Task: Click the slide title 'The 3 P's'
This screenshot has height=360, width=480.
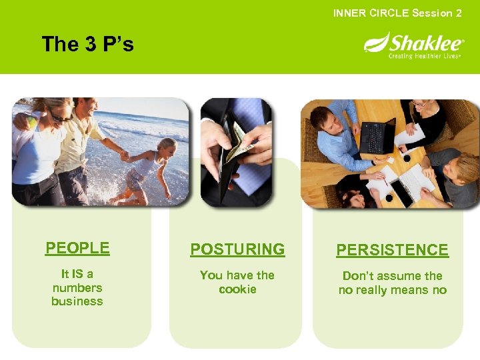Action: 87,45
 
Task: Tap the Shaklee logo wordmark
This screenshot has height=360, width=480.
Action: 420,44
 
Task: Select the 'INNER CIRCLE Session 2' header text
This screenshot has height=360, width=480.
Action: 397,13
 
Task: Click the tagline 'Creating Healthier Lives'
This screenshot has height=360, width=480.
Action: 425,57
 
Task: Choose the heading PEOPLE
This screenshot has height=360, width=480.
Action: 77,248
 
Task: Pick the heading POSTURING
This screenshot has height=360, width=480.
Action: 237,249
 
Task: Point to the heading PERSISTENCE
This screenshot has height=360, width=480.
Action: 392,250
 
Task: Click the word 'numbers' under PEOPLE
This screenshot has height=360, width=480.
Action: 77,288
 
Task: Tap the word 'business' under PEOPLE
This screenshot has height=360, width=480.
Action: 77,301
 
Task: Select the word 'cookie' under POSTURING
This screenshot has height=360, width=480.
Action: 237,289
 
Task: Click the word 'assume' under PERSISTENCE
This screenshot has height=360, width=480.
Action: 395,276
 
